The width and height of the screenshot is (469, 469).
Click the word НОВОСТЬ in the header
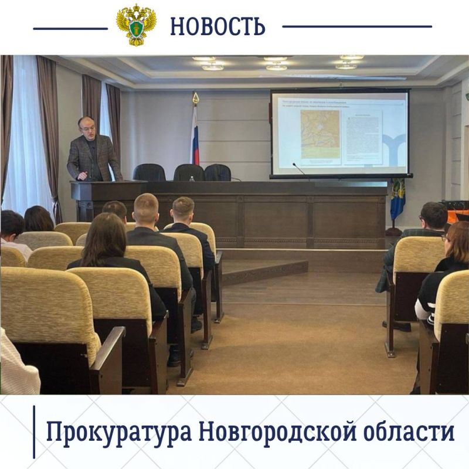coord(217,26)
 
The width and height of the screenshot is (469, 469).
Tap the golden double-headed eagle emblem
coord(136,25)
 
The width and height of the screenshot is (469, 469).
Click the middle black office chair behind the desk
coord(189,173)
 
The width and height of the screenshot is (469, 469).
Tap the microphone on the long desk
coord(299,169)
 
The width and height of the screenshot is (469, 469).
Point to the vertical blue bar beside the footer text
coord(34,431)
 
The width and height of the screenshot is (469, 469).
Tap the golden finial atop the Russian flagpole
coord(196,98)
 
